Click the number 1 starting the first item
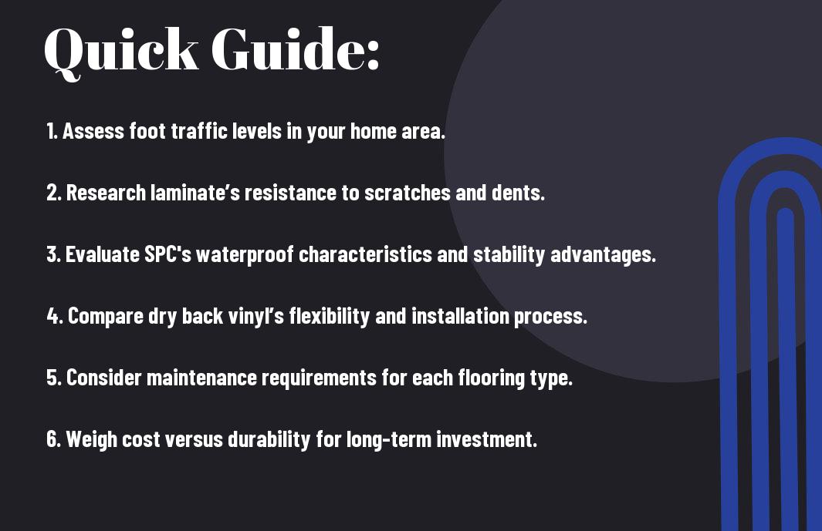tap(51, 131)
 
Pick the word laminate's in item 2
tap(195, 193)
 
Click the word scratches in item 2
tap(407, 193)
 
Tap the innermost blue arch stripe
tap(785, 367)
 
